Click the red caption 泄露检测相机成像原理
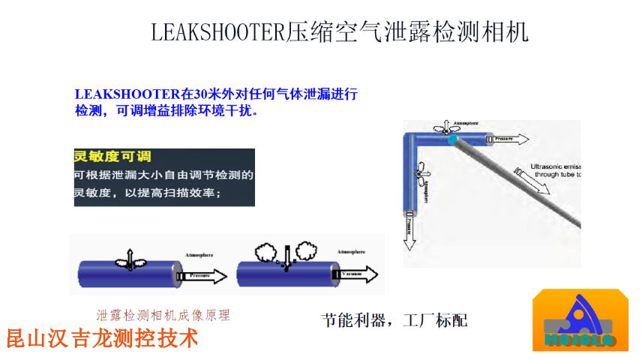(163, 316)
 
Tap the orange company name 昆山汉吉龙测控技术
(102, 338)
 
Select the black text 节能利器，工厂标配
(394, 320)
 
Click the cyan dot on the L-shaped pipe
(451, 140)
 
